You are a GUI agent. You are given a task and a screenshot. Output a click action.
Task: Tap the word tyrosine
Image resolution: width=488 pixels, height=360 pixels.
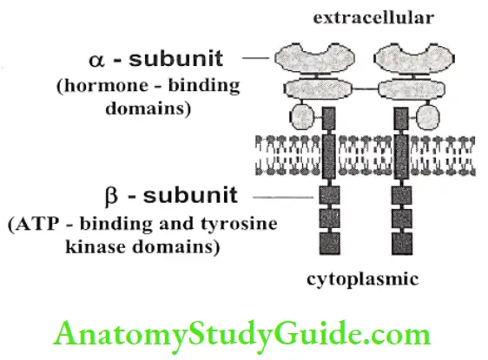click(225, 224)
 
